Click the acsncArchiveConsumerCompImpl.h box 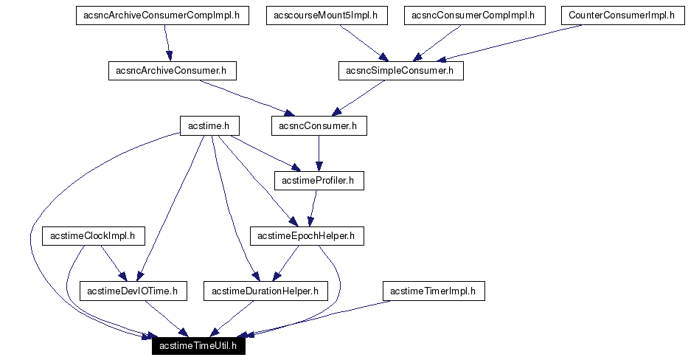tap(162, 15)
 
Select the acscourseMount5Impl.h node tap(325, 15)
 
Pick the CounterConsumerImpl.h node tap(622, 15)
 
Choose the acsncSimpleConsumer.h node tap(400, 71)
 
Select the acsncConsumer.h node tap(319, 126)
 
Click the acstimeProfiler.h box tap(319, 181)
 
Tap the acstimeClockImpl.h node tap(94, 236)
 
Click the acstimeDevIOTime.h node tap(133, 291)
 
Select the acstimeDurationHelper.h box tap(265, 291)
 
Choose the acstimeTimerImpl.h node tap(433, 291)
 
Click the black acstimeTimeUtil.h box tap(198, 346)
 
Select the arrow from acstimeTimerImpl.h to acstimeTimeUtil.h tap(324, 318)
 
